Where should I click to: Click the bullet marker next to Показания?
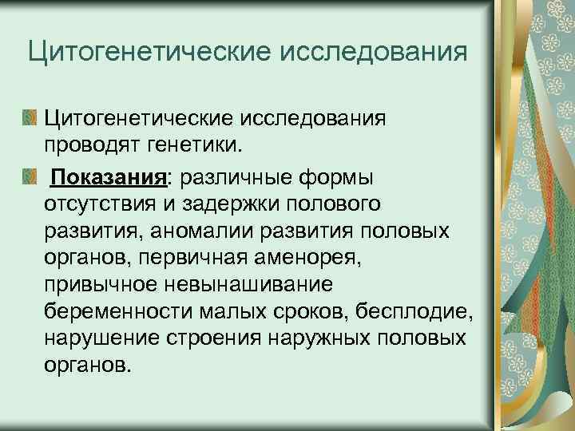coord(30,175)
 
